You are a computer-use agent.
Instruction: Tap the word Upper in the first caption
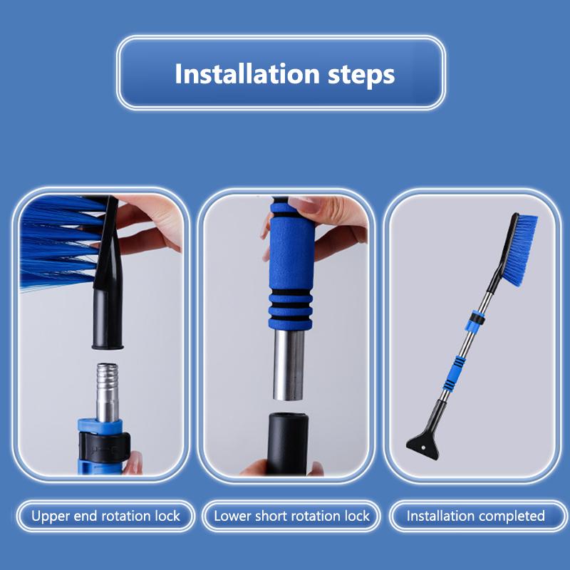(x=51, y=516)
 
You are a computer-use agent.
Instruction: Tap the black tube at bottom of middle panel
(x=287, y=442)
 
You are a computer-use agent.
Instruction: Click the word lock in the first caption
(x=167, y=516)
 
